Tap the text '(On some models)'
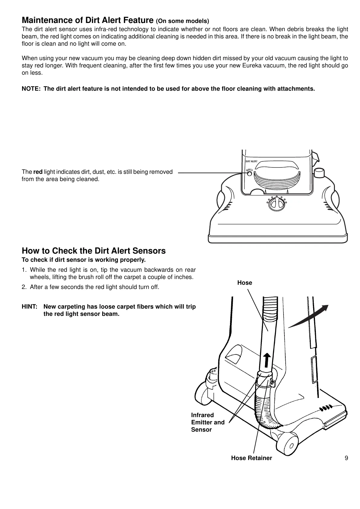pos(182,21)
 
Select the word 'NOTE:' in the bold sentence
pos(31,89)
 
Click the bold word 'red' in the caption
pos(38,172)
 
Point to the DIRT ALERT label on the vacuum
pos(251,161)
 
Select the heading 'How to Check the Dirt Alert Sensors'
pos(94,251)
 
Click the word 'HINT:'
pos(30,307)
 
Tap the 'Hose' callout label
pos(245,283)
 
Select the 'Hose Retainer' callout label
pos(251,458)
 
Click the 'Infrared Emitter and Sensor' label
pos(208,422)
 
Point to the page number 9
pos(346,458)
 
